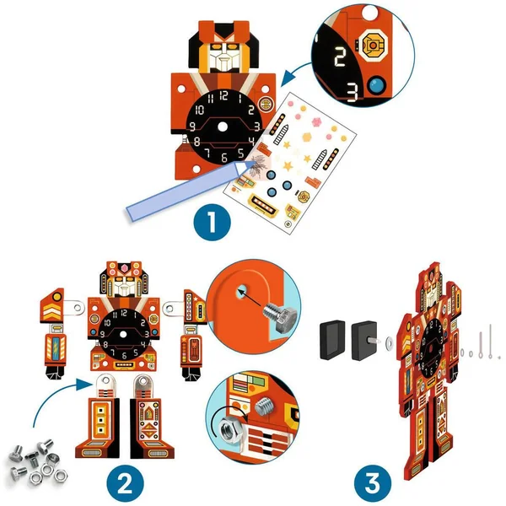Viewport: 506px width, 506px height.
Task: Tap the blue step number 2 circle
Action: pyautogui.click(x=125, y=483)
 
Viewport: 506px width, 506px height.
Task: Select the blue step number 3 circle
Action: pyautogui.click(x=373, y=483)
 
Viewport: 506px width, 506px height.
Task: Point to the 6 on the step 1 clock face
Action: pyautogui.click(x=224, y=158)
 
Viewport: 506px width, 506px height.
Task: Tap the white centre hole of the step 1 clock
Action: pyautogui.click(x=223, y=126)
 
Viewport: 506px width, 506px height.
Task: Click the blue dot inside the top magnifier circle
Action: pyautogui.click(x=377, y=85)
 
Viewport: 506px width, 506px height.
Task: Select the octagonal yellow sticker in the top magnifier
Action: pyautogui.click(x=373, y=46)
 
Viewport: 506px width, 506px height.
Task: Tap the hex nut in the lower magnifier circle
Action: pyautogui.click(x=229, y=430)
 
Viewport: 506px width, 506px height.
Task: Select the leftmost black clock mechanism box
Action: pyautogui.click(x=333, y=340)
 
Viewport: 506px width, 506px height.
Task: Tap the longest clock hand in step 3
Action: pyautogui.click(x=491, y=341)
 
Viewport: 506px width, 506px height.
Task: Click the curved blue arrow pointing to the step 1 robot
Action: pyautogui.click(x=294, y=72)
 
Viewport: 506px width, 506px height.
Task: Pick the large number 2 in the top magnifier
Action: pyautogui.click(x=340, y=57)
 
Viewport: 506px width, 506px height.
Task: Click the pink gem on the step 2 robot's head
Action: pyautogui.click(x=124, y=267)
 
